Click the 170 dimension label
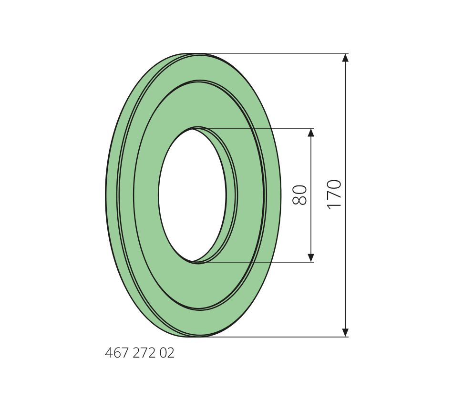(x=335, y=195)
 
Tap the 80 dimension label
(x=299, y=195)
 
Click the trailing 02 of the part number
(x=167, y=353)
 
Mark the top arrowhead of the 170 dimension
(x=345, y=58)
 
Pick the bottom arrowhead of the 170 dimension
(x=345, y=333)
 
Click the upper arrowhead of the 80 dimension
(x=311, y=133)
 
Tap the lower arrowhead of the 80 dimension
(x=311, y=258)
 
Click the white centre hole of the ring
(x=192, y=195)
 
